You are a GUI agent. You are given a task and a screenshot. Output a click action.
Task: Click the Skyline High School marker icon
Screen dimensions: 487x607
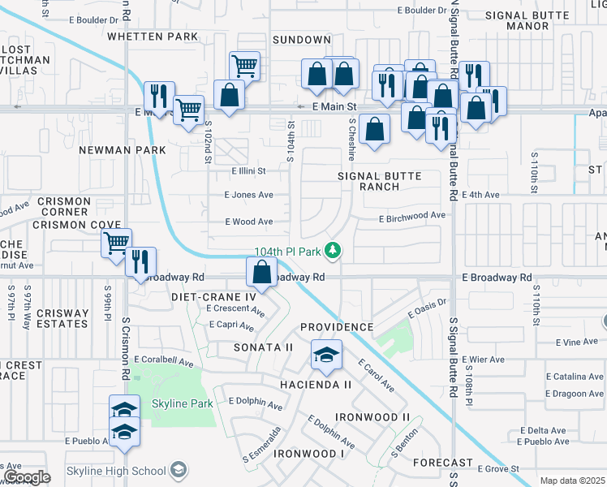(179, 470)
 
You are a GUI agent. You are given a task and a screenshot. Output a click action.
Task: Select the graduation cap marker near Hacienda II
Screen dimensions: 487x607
(326, 355)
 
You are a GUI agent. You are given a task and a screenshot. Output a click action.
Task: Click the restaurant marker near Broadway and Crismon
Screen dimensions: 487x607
(140, 262)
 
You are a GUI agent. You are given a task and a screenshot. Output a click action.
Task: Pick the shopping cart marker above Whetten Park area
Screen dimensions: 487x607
(244, 65)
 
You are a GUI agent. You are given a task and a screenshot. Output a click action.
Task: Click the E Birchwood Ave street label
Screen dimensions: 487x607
(412, 216)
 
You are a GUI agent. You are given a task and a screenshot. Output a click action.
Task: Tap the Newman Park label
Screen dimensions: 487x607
(123, 150)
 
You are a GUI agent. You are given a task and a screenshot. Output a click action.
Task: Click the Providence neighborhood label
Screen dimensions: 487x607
(337, 327)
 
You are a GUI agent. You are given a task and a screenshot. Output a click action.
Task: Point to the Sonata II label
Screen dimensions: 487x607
(263, 347)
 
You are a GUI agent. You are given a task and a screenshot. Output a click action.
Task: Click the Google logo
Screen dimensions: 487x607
(27, 477)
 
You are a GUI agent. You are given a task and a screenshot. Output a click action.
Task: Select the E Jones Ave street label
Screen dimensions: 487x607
(248, 195)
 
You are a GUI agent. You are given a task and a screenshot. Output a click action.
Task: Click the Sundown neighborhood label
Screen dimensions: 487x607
(302, 39)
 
